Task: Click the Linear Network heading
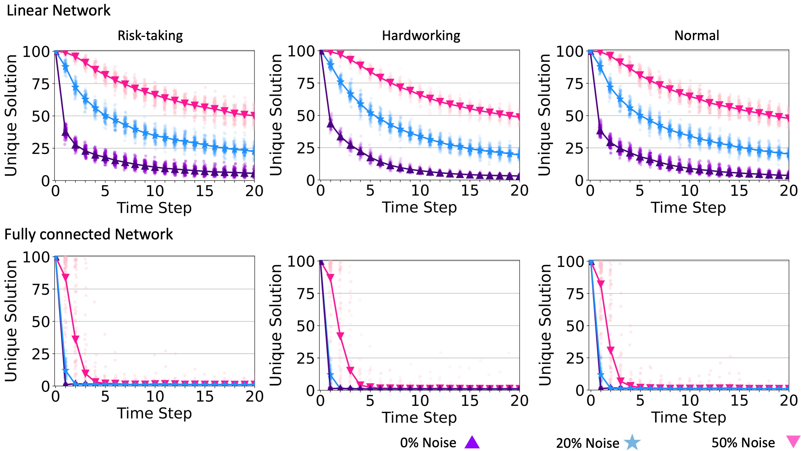pyautogui.click(x=58, y=11)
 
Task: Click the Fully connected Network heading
pyautogui.click(x=89, y=234)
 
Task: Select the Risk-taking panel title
pyautogui.click(x=150, y=36)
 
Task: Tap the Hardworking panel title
pyautogui.click(x=421, y=36)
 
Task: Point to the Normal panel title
pyautogui.click(x=697, y=36)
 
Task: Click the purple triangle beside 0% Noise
pyautogui.click(x=472, y=442)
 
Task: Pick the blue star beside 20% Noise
pyautogui.click(x=632, y=442)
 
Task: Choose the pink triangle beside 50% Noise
pyautogui.click(x=793, y=441)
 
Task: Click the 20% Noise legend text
pyautogui.click(x=587, y=443)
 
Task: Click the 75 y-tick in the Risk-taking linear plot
pyautogui.click(x=41, y=84)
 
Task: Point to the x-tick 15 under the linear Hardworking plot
pyautogui.click(x=469, y=190)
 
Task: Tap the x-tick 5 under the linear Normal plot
pyautogui.click(x=639, y=190)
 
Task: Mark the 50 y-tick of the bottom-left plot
pyautogui.click(x=41, y=322)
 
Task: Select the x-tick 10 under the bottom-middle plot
pyautogui.click(x=420, y=401)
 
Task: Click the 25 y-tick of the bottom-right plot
pyautogui.click(x=575, y=359)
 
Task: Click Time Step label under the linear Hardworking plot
pyautogui.click(x=420, y=208)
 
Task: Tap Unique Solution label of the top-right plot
pyautogui.click(x=544, y=115)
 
